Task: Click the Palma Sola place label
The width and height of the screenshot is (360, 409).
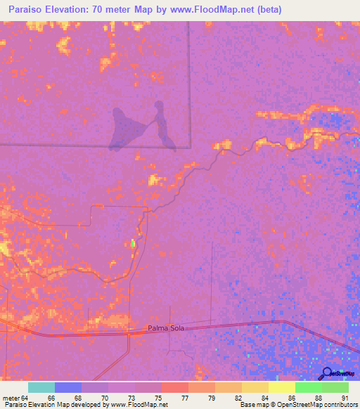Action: pos(166,328)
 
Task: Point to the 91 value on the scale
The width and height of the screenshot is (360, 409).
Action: pos(345,398)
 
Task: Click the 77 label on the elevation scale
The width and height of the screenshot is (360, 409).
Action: pos(185,398)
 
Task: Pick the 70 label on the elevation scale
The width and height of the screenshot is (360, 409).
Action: pos(104,398)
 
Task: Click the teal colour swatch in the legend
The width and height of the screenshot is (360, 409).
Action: pos(41,387)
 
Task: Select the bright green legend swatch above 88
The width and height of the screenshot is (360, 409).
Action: pos(309,387)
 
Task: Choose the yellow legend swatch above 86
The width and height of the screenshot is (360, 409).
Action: pos(282,387)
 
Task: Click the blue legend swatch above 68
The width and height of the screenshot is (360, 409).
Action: pos(68,387)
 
